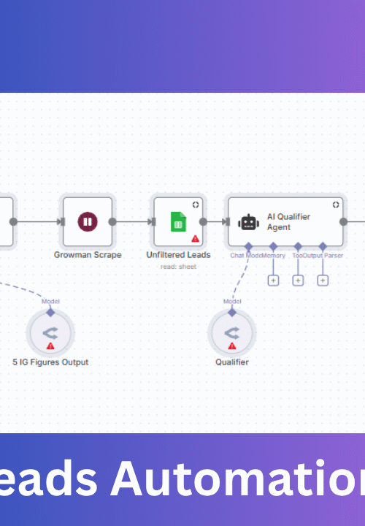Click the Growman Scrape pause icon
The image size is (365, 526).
pos(88,221)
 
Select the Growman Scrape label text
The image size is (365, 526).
pos(88,255)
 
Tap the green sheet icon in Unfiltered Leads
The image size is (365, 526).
pos(178,221)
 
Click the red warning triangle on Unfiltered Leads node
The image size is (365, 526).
pos(196,238)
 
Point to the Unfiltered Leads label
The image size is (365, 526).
pos(178,255)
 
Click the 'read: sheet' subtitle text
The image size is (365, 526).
pos(178,267)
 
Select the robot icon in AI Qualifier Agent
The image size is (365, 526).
pos(248,222)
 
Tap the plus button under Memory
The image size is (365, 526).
pos(273,280)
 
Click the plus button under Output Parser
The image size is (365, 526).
pos(323,280)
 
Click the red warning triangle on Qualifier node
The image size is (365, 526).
pos(232,346)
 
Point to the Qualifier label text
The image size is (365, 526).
pos(232,362)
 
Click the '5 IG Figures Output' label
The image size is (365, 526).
pos(50,362)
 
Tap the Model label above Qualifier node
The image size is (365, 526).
pos(232,301)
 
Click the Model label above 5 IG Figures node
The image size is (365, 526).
pos(50,301)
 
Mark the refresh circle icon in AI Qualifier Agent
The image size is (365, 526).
pos(336,205)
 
